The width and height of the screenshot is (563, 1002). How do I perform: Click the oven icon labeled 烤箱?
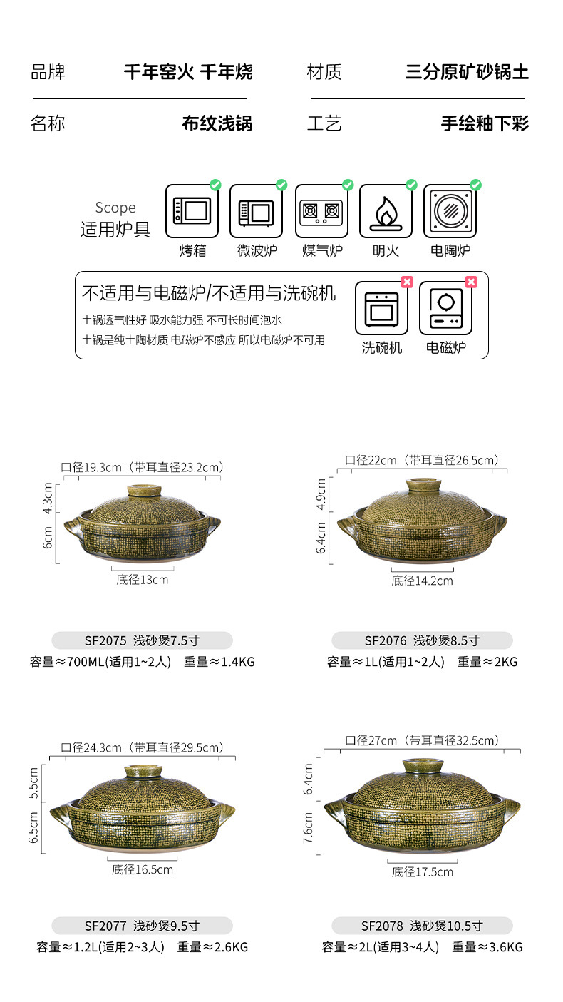point(192,211)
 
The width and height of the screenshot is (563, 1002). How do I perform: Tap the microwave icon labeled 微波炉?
point(256,211)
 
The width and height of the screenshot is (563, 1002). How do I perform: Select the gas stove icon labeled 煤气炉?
point(321,211)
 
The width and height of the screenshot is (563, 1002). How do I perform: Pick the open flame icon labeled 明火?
point(386,211)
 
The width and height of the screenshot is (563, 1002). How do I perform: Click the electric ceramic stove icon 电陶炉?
point(450,211)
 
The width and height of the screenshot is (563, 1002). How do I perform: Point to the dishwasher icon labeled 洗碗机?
point(381,308)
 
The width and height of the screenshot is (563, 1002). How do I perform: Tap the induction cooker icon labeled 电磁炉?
point(445,308)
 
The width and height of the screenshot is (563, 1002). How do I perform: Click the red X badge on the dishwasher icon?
point(407,282)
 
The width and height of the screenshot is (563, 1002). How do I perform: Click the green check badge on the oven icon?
point(215,185)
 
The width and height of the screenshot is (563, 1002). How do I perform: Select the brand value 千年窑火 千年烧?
point(188,72)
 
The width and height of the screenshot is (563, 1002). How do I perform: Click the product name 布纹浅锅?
point(217,123)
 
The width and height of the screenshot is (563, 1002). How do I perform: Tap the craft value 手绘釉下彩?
point(485,123)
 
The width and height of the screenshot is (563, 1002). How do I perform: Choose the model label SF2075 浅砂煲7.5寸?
point(142,640)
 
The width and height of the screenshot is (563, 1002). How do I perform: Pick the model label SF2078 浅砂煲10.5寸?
point(422,926)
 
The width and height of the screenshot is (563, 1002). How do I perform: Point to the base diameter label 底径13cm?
point(143,580)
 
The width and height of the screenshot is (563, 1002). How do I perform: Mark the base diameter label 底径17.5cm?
point(422,871)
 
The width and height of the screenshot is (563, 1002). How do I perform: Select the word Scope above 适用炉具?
point(115,208)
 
